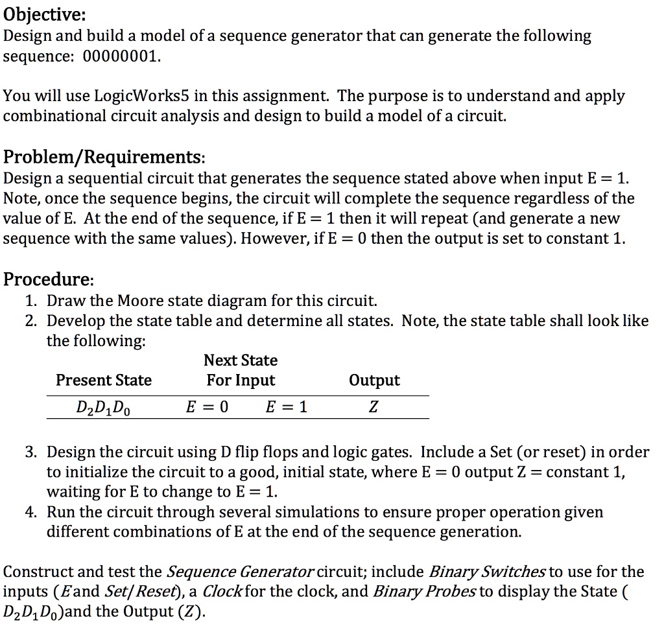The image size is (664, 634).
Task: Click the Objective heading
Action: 45,14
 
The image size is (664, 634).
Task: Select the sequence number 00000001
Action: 120,56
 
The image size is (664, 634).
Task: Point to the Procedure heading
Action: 49,279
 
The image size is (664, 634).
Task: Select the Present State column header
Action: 104,380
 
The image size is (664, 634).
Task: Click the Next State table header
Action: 241,360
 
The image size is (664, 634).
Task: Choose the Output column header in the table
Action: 374,380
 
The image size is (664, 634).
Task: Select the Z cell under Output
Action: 374,408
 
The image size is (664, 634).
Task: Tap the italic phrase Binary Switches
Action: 488,572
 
